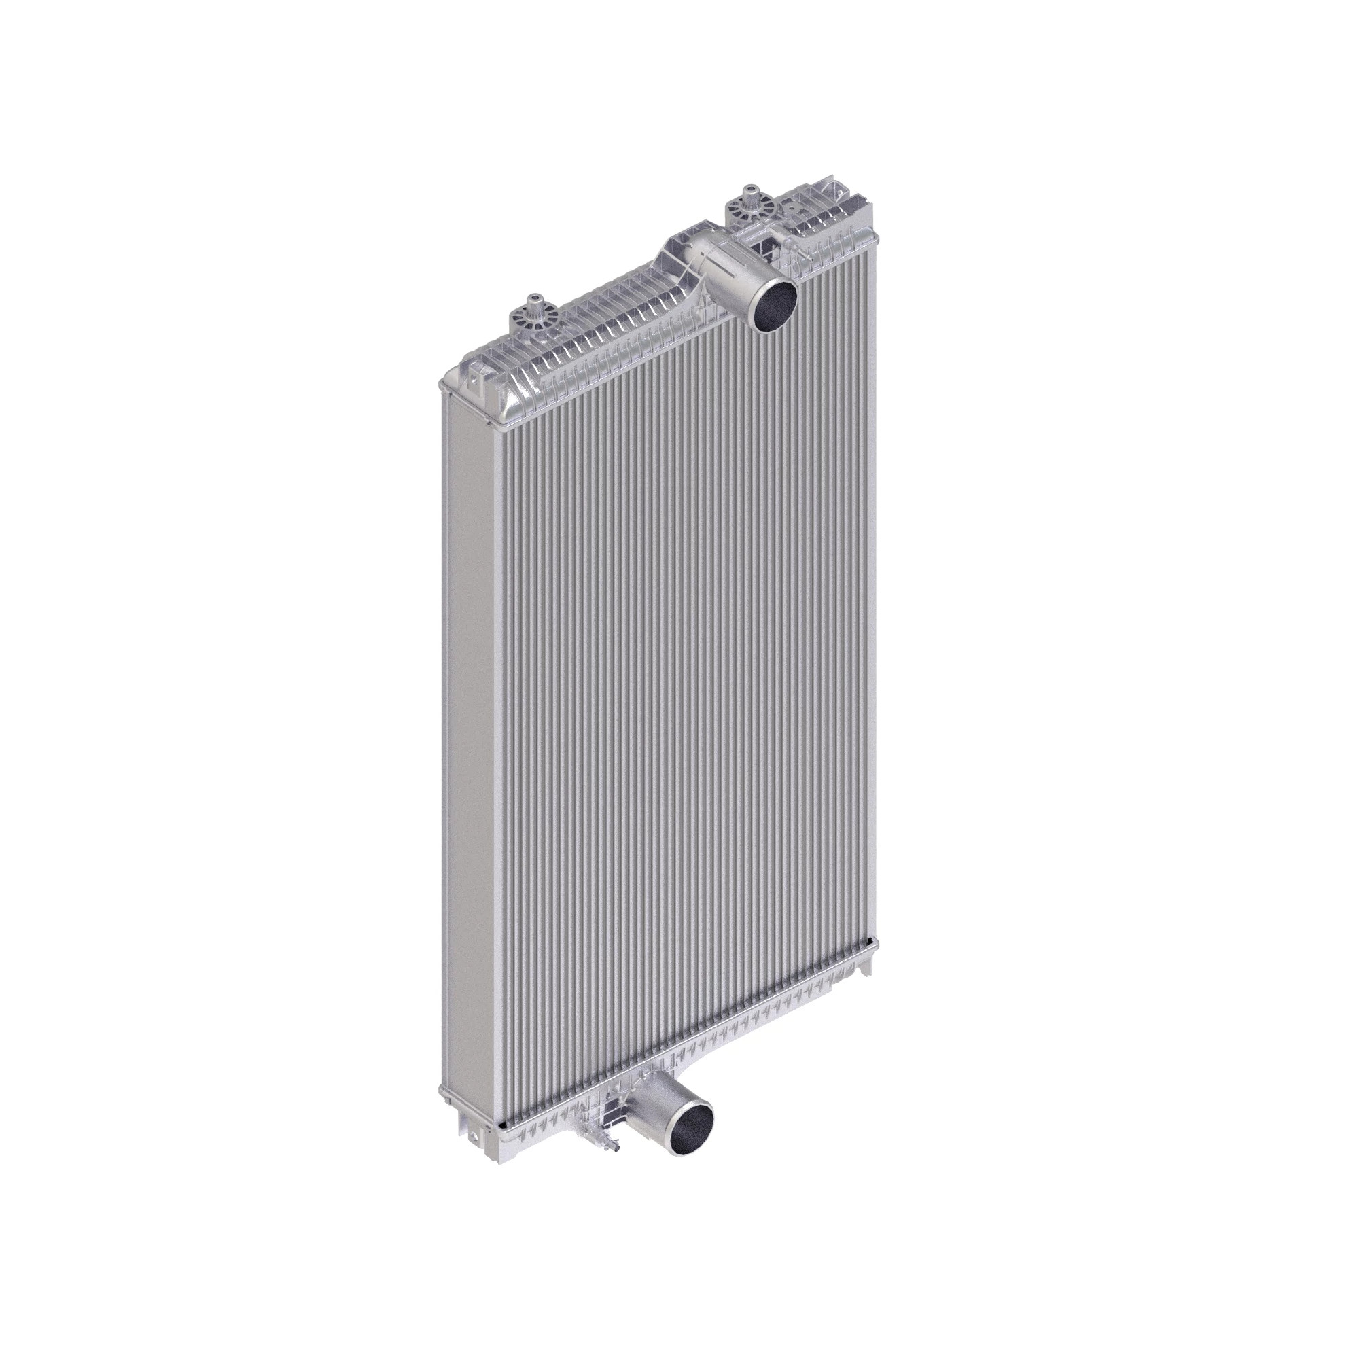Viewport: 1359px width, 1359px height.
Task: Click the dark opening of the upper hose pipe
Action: (x=772, y=304)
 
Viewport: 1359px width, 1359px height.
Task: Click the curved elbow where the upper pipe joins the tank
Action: (x=686, y=257)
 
